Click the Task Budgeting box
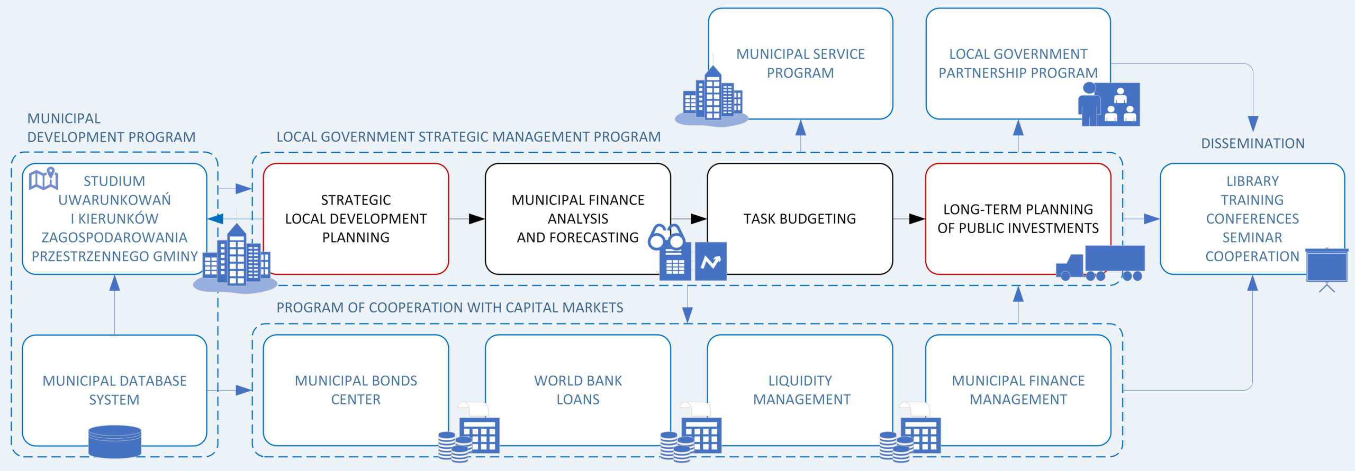(799, 218)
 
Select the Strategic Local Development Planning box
(356, 218)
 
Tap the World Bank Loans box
(577, 390)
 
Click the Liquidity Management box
(800, 390)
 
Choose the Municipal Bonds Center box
(356, 390)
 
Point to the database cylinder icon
(114, 441)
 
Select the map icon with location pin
(44, 179)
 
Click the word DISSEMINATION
(1252, 143)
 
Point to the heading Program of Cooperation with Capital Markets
(449, 307)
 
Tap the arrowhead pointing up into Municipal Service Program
(800, 127)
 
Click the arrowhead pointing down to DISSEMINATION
(1253, 124)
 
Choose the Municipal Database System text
(114, 390)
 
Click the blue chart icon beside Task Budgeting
(710, 261)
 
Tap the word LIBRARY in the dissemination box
(1252, 181)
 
